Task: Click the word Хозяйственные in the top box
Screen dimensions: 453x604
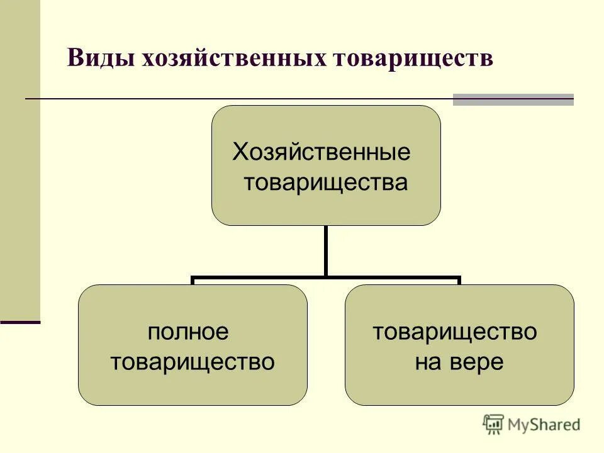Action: [322, 152]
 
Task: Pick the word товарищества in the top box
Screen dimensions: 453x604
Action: [326, 183]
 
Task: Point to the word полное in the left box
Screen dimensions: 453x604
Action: [188, 332]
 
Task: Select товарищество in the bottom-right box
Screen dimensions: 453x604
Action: [455, 332]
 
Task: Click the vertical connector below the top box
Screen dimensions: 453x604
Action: [325, 250]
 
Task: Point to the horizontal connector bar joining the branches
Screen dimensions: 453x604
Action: [325, 277]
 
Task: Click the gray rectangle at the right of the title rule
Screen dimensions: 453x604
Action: [513, 99]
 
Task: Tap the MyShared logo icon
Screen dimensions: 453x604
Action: [493, 424]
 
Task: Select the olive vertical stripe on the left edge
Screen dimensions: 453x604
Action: [20, 157]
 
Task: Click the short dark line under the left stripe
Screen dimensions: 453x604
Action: [20, 322]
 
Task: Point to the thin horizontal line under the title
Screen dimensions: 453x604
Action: [239, 99]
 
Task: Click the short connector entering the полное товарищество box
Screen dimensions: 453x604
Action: [193, 281]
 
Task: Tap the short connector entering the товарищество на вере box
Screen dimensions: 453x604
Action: [459, 281]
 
